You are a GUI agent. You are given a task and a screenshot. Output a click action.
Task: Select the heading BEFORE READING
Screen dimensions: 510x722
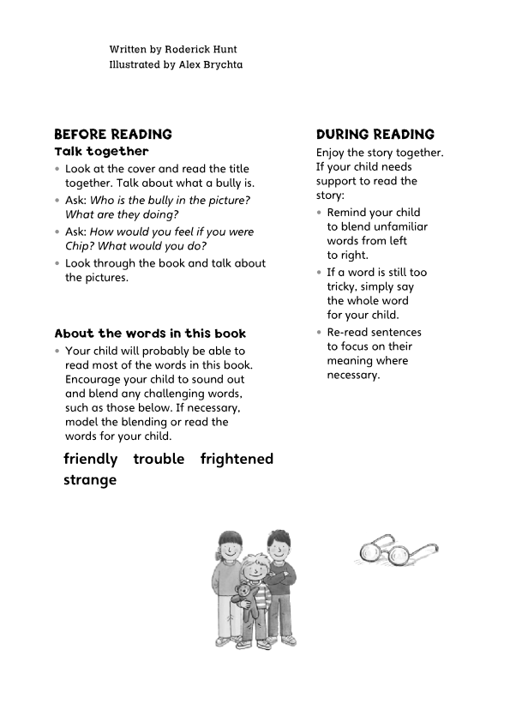click(113, 135)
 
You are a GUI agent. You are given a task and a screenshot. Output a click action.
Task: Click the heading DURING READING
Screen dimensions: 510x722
click(375, 135)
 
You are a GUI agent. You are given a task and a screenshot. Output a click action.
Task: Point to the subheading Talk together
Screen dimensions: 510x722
click(101, 152)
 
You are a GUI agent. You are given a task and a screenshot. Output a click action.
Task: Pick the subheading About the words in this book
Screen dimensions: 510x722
click(150, 334)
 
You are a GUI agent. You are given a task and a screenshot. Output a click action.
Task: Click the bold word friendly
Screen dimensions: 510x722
click(90, 459)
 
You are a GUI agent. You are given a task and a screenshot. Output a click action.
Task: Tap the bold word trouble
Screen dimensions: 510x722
click(159, 459)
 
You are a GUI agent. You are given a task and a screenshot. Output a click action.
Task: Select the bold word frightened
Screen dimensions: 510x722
click(237, 459)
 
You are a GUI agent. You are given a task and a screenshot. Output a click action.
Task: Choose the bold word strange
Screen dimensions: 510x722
click(90, 480)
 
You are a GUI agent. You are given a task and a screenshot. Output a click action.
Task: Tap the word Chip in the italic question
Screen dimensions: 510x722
click(78, 246)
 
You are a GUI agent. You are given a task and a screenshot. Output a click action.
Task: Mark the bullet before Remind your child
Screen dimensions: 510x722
click(320, 213)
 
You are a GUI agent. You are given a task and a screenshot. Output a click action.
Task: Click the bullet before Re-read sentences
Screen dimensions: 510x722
click(320, 333)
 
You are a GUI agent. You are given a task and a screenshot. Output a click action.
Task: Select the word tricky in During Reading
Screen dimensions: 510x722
click(342, 287)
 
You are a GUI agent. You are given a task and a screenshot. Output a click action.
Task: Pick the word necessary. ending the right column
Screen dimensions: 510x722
click(353, 375)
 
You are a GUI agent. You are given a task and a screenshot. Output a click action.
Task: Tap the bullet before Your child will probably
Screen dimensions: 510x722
click(57, 352)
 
